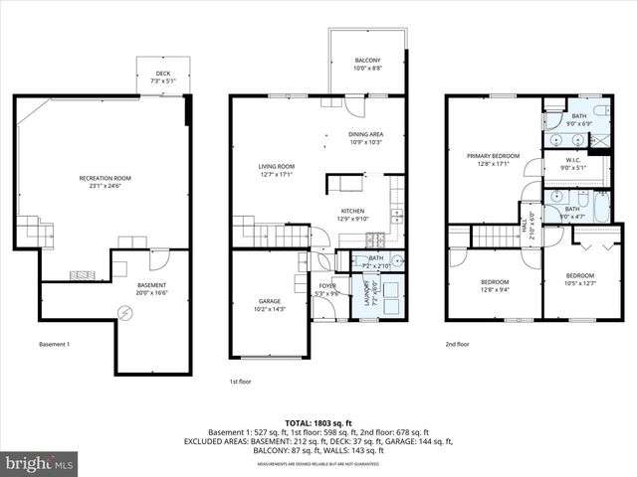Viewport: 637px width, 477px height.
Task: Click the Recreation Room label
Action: [106, 178]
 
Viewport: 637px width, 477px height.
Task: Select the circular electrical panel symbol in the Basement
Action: [124, 312]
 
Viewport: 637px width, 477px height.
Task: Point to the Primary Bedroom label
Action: [494, 156]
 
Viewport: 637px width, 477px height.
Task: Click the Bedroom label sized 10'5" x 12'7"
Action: [580, 275]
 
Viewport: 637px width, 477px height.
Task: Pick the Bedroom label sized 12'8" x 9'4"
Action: [495, 281]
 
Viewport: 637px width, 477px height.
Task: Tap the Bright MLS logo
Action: [40, 462]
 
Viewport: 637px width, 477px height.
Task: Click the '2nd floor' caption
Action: [458, 344]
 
